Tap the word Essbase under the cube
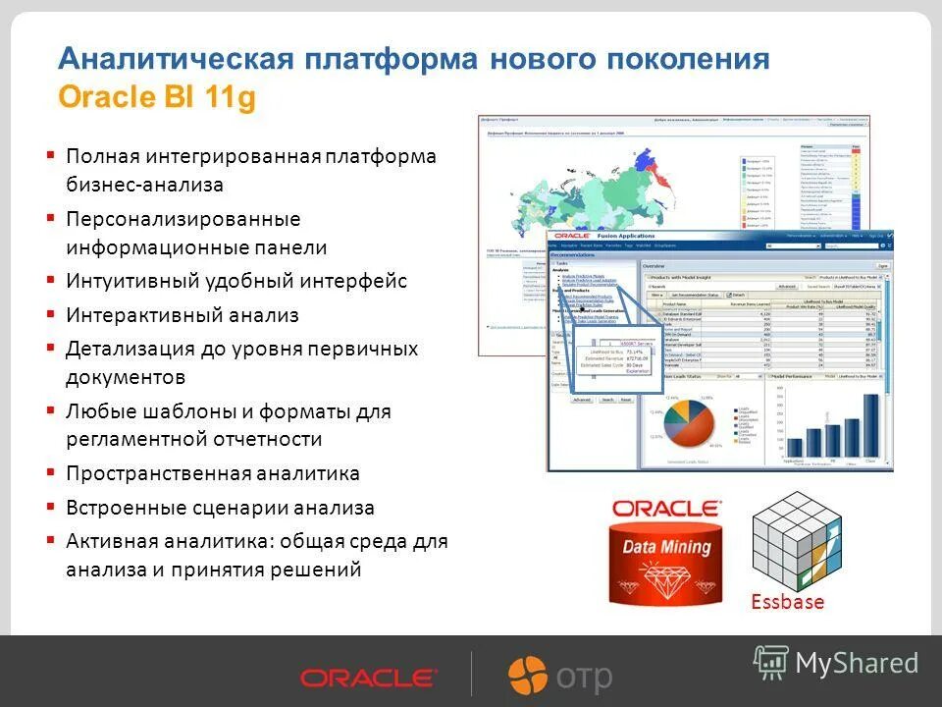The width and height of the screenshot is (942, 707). coord(787,602)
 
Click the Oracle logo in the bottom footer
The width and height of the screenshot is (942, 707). coord(368,678)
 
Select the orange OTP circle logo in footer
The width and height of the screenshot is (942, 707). coord(527,675)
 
